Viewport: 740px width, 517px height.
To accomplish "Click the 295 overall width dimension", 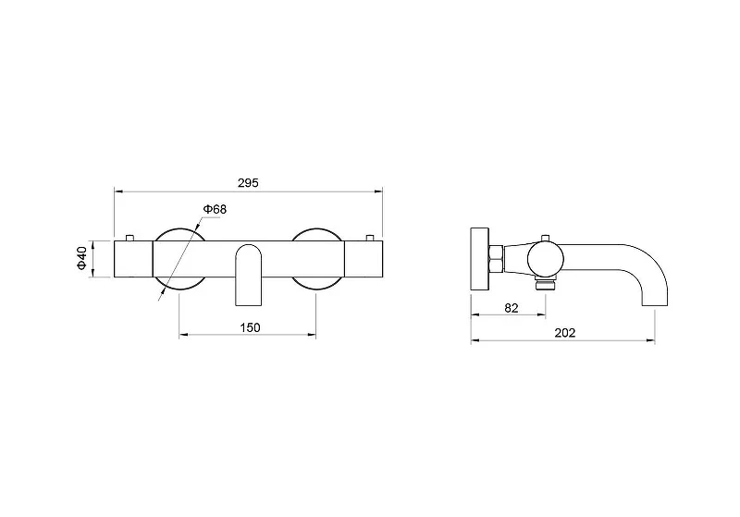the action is (x=248, y=183).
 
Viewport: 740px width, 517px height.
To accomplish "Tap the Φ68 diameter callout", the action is (x=215, y=209).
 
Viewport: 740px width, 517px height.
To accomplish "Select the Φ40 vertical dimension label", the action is (x=82, y=258).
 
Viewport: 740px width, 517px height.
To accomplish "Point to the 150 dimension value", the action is (x=250, y=327).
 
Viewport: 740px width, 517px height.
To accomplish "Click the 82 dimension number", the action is (x=512, y=308).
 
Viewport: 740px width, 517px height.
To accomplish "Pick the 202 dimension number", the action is (x=565, y=333).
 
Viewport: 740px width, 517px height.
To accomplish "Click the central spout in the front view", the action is (x=248, y=275).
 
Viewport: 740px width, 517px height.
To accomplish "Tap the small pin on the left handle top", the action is (x=129, y=238).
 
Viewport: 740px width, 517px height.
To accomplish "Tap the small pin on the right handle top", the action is (x=369, y=238).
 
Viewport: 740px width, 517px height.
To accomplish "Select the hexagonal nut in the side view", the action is (x=497, y=259).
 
